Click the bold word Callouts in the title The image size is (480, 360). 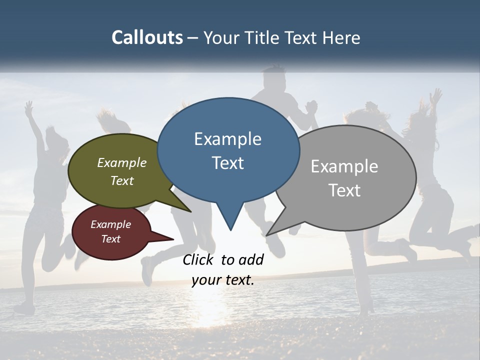(x=147, y=37)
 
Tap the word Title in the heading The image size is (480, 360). (x=263, y=37)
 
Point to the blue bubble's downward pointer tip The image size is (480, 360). (x=230, y=230)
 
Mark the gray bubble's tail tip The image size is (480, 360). (x=267, y=235)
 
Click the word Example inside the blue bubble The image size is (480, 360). (x=227, y=139)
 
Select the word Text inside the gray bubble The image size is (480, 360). (x=344, y=190)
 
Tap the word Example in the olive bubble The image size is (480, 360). (x=121, y=163)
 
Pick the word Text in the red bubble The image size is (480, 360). (x=111, y=239)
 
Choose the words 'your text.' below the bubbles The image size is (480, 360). (x=223, y=280)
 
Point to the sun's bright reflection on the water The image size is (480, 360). (x=210, y=310)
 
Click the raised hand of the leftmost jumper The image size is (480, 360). (x=29, y=106)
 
